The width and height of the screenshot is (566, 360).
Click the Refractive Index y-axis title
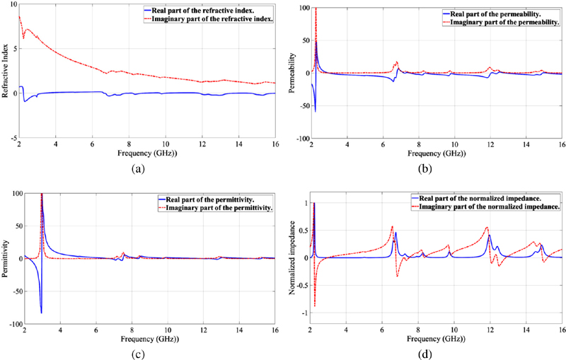6,74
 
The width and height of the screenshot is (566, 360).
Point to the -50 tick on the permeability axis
301,106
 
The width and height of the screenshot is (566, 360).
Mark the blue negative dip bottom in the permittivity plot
41,312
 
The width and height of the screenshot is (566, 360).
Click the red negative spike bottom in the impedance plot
315,306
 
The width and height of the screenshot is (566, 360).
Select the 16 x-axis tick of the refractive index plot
274,146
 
